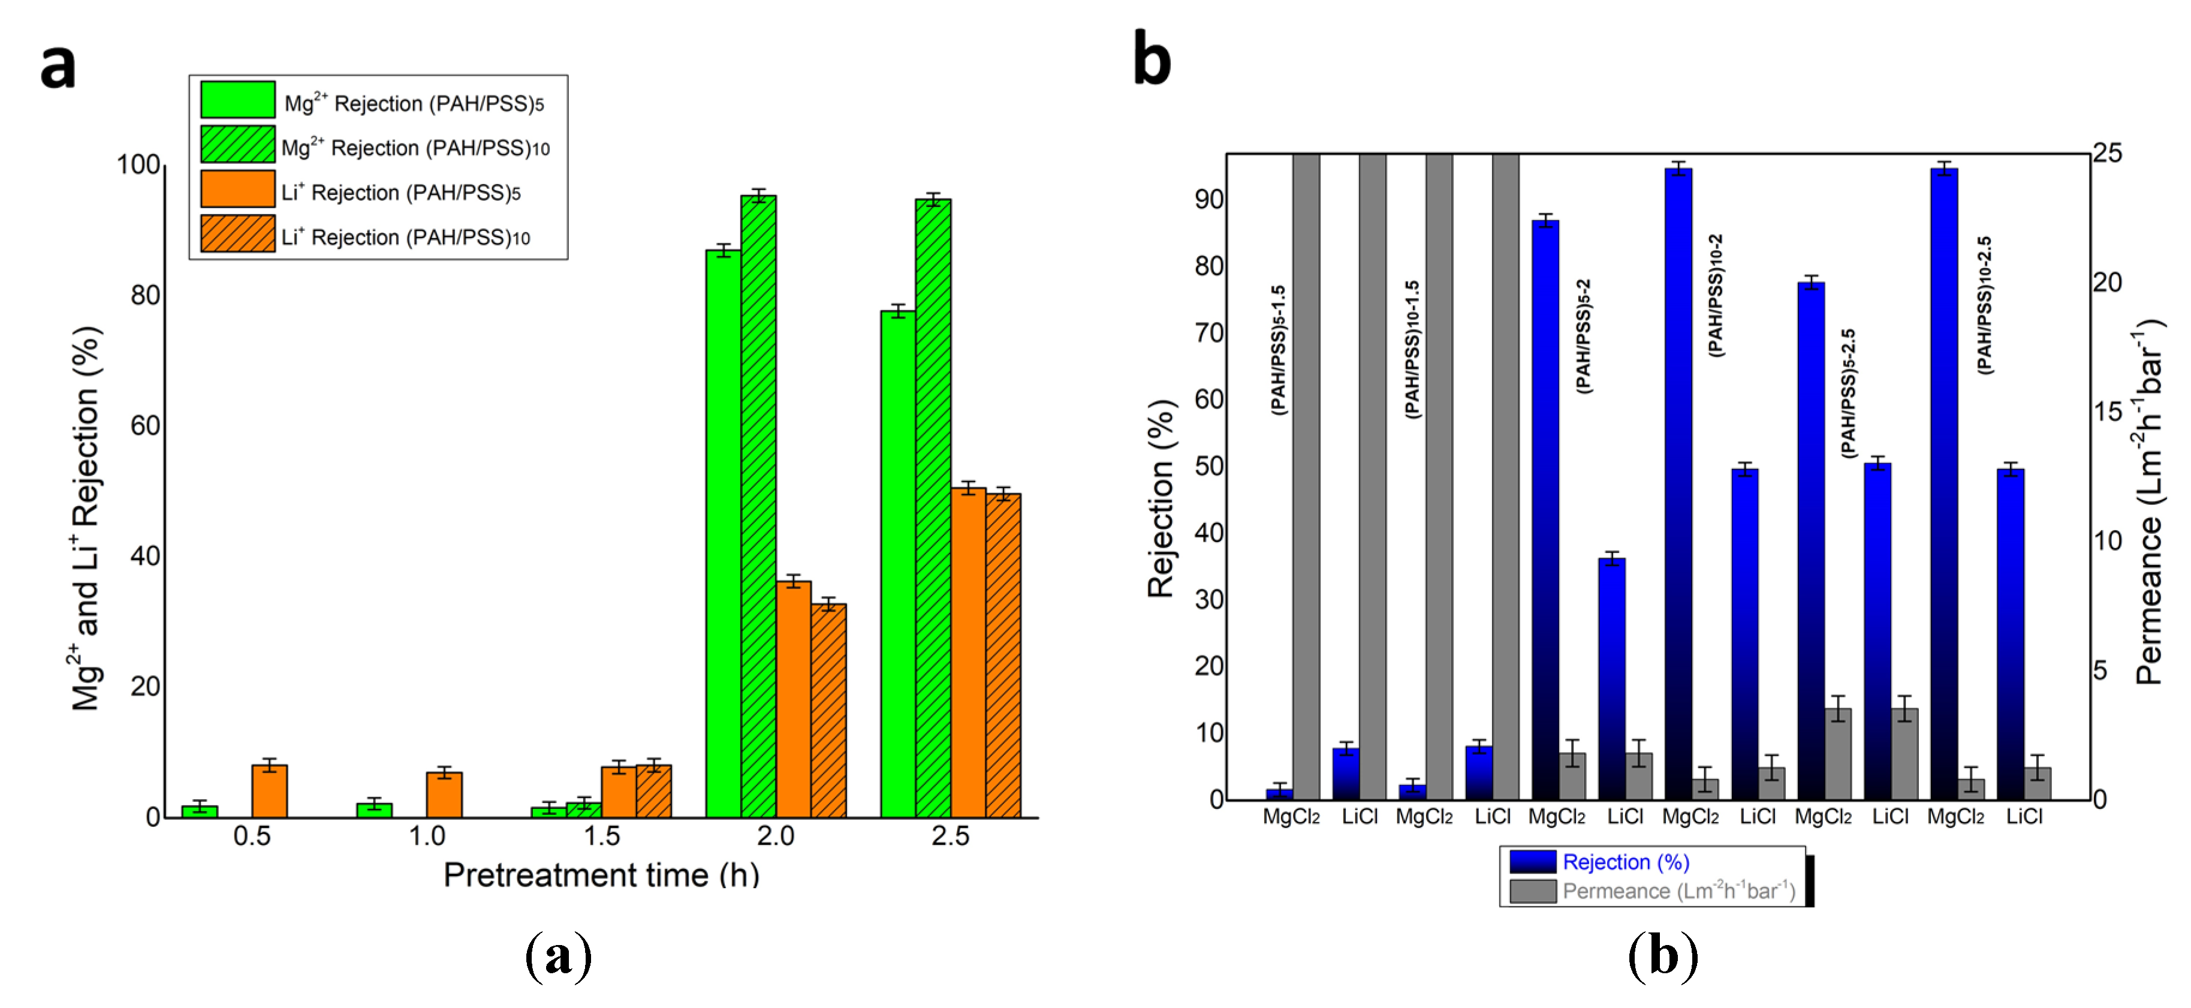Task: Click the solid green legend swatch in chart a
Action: click(237, 100)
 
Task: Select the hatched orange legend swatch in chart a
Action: click(237, 234)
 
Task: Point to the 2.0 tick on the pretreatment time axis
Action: click(775, 836)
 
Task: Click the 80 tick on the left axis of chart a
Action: click(144, 295)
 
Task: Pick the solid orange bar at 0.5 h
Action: click(270, 791)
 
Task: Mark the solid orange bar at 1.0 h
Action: click(444, 795)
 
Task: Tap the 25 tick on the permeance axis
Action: click(2107, 153)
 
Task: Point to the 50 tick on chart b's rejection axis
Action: click(1208, 466)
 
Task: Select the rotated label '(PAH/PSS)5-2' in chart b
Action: click(1583, 335)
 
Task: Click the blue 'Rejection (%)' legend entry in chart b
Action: click(1625, 862)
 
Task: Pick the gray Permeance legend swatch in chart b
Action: click(1533, 890)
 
